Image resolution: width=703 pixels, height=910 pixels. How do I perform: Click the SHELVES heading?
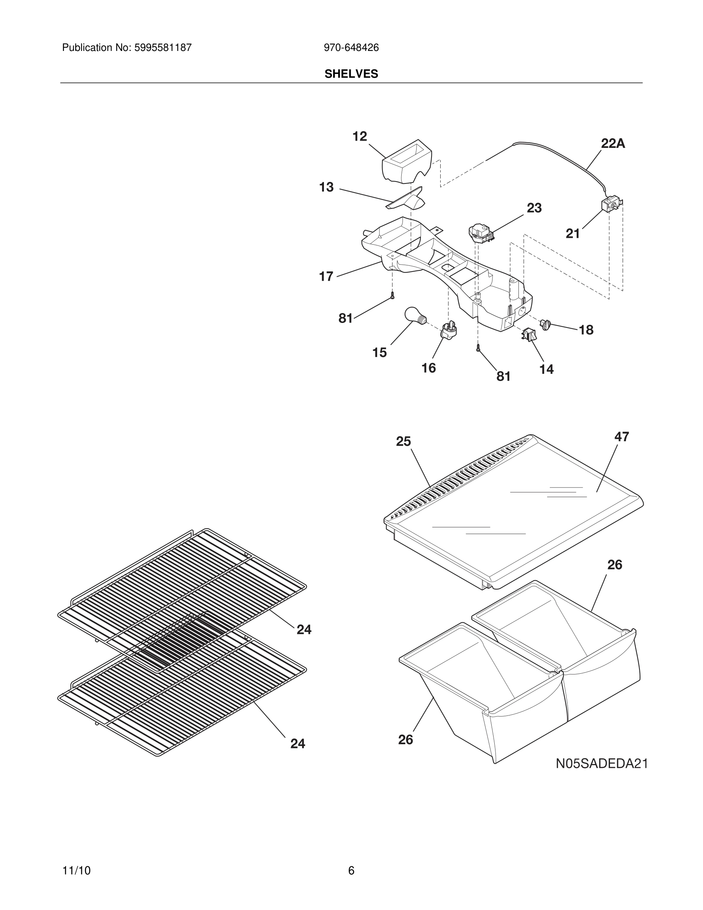click(x=351, y=74)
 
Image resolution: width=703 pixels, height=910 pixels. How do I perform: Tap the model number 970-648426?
click(x=351, y=47)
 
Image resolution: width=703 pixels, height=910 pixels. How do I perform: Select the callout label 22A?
click(x=613, y=143)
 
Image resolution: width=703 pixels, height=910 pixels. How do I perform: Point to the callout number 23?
click(x=534, y=208)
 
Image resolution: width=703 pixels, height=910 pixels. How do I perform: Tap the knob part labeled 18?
click(x=545, y=324)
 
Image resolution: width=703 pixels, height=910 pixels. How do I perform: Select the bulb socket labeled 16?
click(x=448, y=330)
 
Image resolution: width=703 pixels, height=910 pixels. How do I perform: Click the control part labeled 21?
click(x=609, y=204)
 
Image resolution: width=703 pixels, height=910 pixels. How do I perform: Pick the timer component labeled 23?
click(x=480, y=232)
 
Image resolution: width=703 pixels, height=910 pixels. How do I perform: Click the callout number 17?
click(x=326, y=276)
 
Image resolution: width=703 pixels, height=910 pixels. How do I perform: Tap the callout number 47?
click(x=621, y=436)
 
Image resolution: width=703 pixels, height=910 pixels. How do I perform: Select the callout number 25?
click(x=403, y=441)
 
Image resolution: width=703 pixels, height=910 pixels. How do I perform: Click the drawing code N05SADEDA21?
click(x=602, y=763)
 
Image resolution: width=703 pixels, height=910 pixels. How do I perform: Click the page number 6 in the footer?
click(x=351, y=871)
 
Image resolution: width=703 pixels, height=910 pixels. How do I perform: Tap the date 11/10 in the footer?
click(x=76, y=871)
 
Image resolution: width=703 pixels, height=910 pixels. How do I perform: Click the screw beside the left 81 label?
click(x=392, y=295)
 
